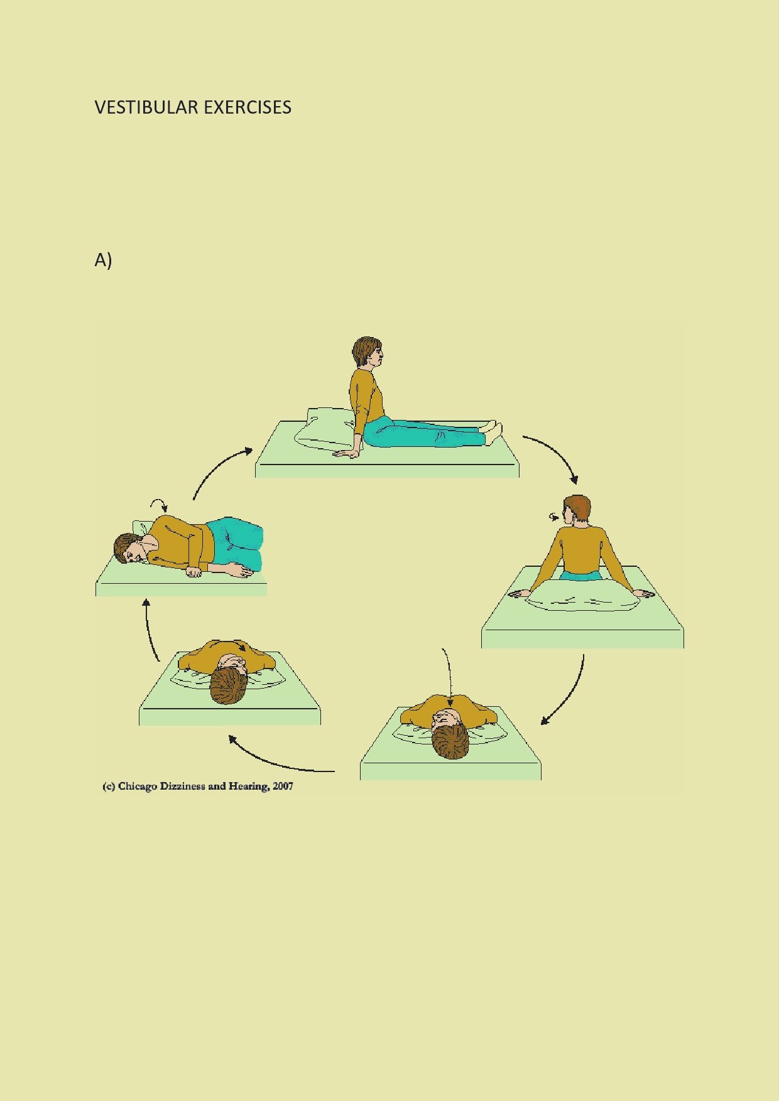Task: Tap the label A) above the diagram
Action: pyautogui.click(x=103, y=260)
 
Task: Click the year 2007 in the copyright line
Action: pyautogui.click(x=283, y=786)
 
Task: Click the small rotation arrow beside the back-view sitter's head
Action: pyautogui.click(x=554, y=517)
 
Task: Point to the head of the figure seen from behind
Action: pyautogui.click(x=577, y=510)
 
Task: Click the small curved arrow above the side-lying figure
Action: pyautogui.click(x=159, y=503)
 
